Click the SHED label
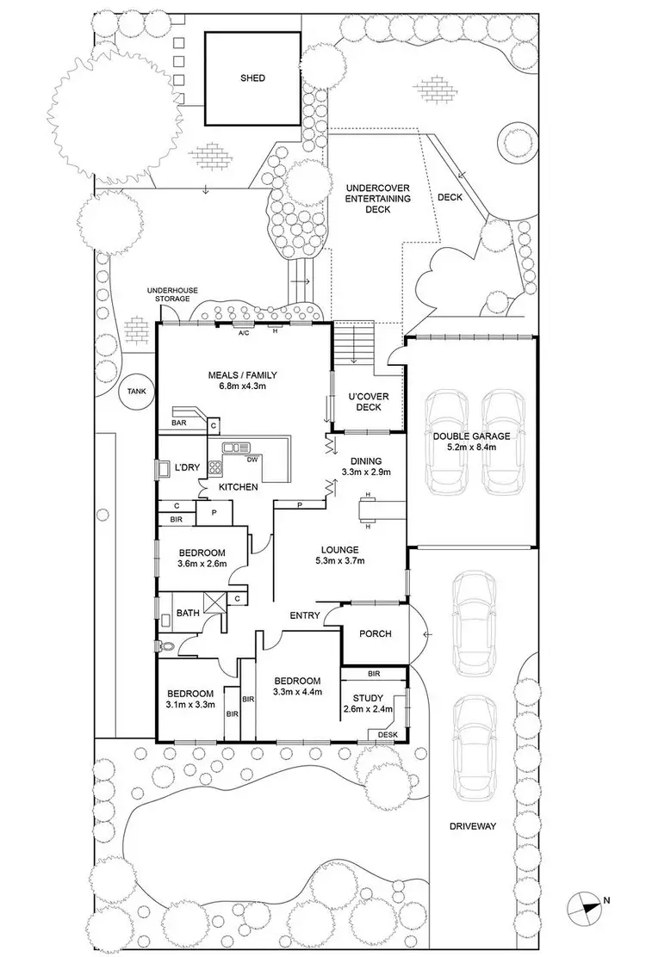coord(252,78)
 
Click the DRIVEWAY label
coord(473,826)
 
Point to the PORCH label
coord(375,633)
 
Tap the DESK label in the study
coord(387,734)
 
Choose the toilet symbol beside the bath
coord(166,645)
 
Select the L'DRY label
coord(187,467)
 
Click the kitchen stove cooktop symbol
coord(215,469)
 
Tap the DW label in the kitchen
coord(252,460)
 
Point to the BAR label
coord(179,423)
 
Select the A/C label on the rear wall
coord(244,330)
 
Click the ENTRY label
coord(305,615)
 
